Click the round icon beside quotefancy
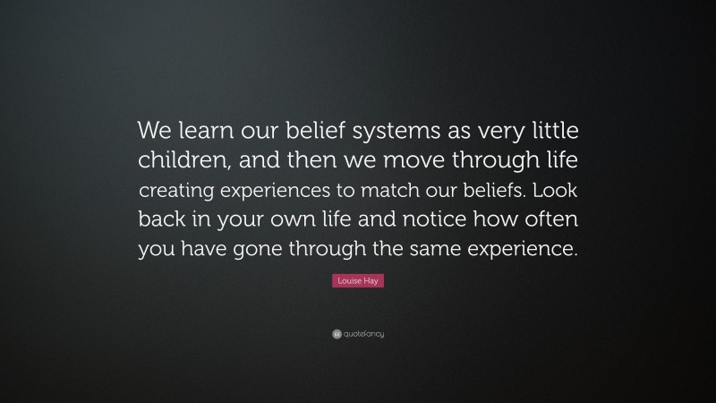(337, 334)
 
